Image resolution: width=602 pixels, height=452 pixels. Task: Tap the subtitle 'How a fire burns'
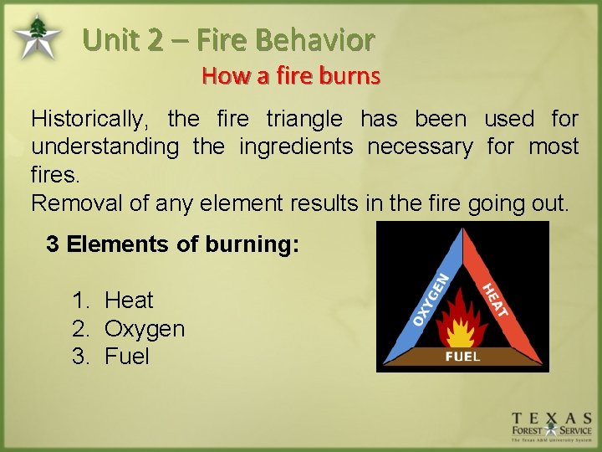[x=290, y=76]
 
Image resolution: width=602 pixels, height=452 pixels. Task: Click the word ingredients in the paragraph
[x=296, y=146]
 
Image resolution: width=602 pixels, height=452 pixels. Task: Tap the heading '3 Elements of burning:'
[x=172, y=244]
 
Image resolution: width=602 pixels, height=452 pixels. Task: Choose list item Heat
[x=129, y=300]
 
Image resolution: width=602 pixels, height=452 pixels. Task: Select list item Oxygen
[x=144, y=328]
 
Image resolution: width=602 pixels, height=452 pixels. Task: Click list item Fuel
[x=126, y=357]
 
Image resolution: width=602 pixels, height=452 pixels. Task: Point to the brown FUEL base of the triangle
[x=462, y=357]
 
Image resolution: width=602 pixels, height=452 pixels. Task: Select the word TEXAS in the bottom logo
[x=552, y=418]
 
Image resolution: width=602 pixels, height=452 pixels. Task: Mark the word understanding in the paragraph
[x=105, y=146]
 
